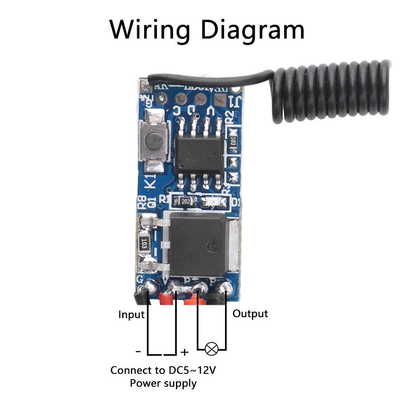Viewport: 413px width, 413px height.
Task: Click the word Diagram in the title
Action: point(253,30)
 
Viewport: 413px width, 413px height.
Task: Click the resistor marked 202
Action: point(183,202)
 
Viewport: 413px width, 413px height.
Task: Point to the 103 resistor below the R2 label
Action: point(233,140)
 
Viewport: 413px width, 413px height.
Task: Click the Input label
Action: point(131,315)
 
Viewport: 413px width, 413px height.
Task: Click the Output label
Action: point(250,313)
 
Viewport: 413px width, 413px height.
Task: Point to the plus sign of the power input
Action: point(185,352)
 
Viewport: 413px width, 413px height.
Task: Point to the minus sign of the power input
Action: point(138,352)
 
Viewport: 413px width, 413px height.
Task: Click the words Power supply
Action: point(163,383)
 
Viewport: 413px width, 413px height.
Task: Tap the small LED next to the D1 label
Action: point(214,202)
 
